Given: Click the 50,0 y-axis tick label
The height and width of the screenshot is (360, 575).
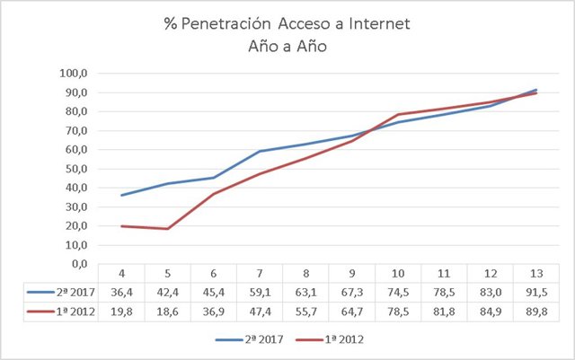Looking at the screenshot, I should pyautogui.click(x=75, y=169).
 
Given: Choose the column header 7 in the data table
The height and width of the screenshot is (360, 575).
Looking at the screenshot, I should pyautogui.click(x=261, y=272).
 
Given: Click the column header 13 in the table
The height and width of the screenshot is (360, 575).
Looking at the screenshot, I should pyautogui.click(x=535, y=272).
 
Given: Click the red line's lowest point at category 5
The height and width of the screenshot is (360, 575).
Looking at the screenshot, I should pyautogui.click(x=168, y=228).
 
